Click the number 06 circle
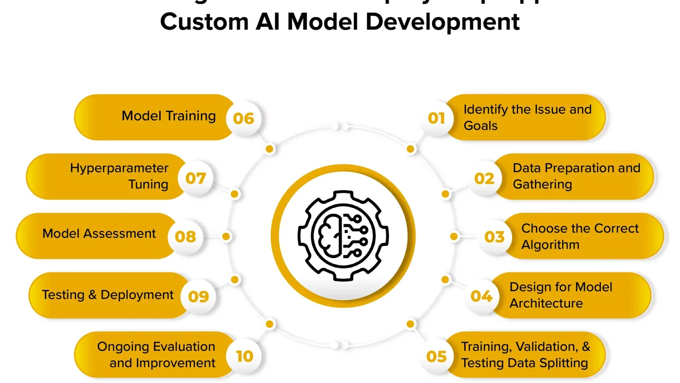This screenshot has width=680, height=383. [x=243, y=118]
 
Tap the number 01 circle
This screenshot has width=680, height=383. [x=436, y=118]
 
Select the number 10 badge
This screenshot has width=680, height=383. [x=244, y=355]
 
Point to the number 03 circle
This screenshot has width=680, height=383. [x=494, y=236]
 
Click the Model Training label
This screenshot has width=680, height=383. [x=168, y=116]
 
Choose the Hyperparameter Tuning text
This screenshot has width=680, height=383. [x=119, y=176]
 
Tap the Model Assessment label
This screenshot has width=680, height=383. [x=99, y=234]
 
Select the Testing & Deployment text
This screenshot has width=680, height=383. [x=107, y=295]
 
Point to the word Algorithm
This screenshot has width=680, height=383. [x=550, y=245]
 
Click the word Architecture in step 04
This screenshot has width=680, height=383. [x=546, y=303]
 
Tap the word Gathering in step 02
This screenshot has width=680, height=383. [x=542, y=185]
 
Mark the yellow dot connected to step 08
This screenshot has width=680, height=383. [x=226, y=236]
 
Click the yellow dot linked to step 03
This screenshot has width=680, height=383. [x=454, y=236]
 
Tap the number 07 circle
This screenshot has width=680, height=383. [x=195, y=177]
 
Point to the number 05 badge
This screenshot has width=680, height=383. [x=436, y=355]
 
